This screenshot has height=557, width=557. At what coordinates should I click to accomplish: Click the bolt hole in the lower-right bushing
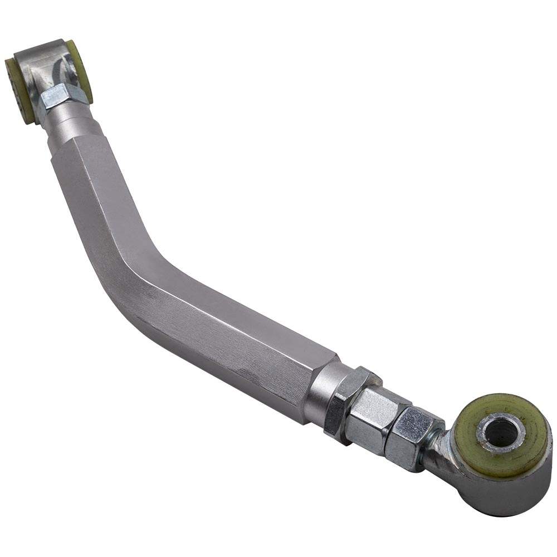[500, 431]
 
